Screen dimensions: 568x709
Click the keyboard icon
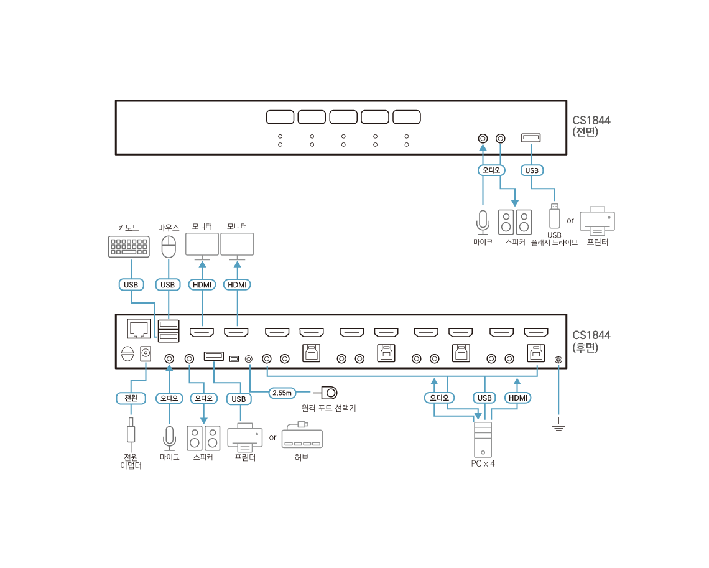[x=129, y=246]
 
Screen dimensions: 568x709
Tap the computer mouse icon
[x=169, y=247]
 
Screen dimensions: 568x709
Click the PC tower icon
[x=483, y=439]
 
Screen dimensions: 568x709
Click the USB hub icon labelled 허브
[x=302, y=436]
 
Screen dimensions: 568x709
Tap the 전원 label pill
[x=131, y=398]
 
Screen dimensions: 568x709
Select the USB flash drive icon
[x=555, y=216]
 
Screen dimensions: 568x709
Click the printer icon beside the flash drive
[x=597, y=221]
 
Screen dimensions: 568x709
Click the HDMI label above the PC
[x=517, y=398]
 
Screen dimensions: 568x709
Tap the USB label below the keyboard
[x=131, y=285]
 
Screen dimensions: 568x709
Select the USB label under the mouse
[x=167, y=285]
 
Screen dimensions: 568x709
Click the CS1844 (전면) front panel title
[x=591, y=126]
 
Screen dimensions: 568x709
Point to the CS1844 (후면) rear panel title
[x=591, y=341]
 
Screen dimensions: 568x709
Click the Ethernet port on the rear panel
[x=138, y=327]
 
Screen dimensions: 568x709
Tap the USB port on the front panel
[x=531, y=137]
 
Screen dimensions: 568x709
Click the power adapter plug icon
[x=131, y=430]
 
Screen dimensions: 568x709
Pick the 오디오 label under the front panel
[x=491, y=170]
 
